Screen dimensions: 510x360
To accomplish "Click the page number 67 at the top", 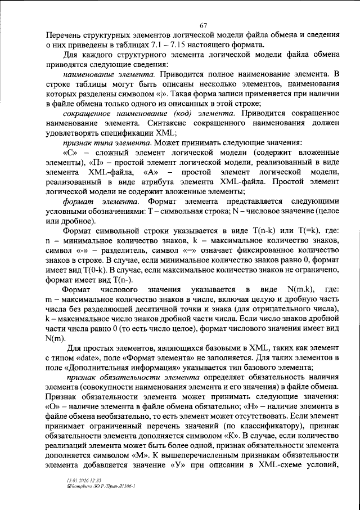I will tap(204, 24).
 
